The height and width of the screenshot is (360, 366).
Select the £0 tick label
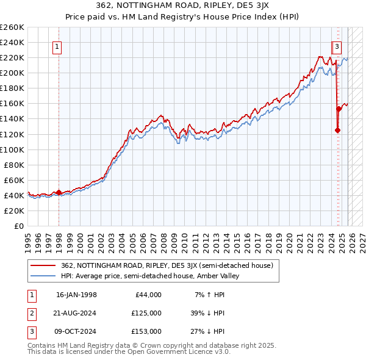click(18, 226)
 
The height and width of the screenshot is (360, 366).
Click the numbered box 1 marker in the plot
click(57, 46)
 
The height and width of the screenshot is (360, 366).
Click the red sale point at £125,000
click(337, 130)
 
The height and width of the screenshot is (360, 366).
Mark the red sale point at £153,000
click(339, 109)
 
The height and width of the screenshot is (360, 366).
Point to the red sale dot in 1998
click(59, 192)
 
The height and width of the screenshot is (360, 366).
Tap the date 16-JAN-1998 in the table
click(76, 295)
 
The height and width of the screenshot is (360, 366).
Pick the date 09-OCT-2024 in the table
click(76, 331)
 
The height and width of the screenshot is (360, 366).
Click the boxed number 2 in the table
click(32, 313)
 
